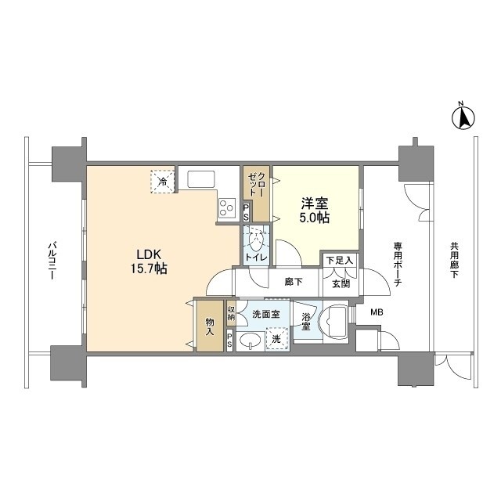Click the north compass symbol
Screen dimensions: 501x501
463,117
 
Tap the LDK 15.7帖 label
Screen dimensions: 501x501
148,261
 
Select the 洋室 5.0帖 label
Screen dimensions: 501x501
315,211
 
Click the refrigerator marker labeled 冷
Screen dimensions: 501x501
163,182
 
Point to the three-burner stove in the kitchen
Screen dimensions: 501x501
227,207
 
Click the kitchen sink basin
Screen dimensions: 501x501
201,179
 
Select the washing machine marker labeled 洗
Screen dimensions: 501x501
277,339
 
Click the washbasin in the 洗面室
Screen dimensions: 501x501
250,341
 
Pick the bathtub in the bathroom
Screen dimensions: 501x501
333,322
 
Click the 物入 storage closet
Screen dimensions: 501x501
210,326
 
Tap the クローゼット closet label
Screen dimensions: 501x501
257,185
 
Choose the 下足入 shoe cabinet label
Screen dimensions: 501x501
339,261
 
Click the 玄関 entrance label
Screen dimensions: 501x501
341,283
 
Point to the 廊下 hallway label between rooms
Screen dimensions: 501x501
294,282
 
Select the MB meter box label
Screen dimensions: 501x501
377,312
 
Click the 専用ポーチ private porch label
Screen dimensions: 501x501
398,264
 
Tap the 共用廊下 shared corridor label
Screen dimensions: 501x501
454,260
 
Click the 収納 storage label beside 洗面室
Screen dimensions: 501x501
231,313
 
